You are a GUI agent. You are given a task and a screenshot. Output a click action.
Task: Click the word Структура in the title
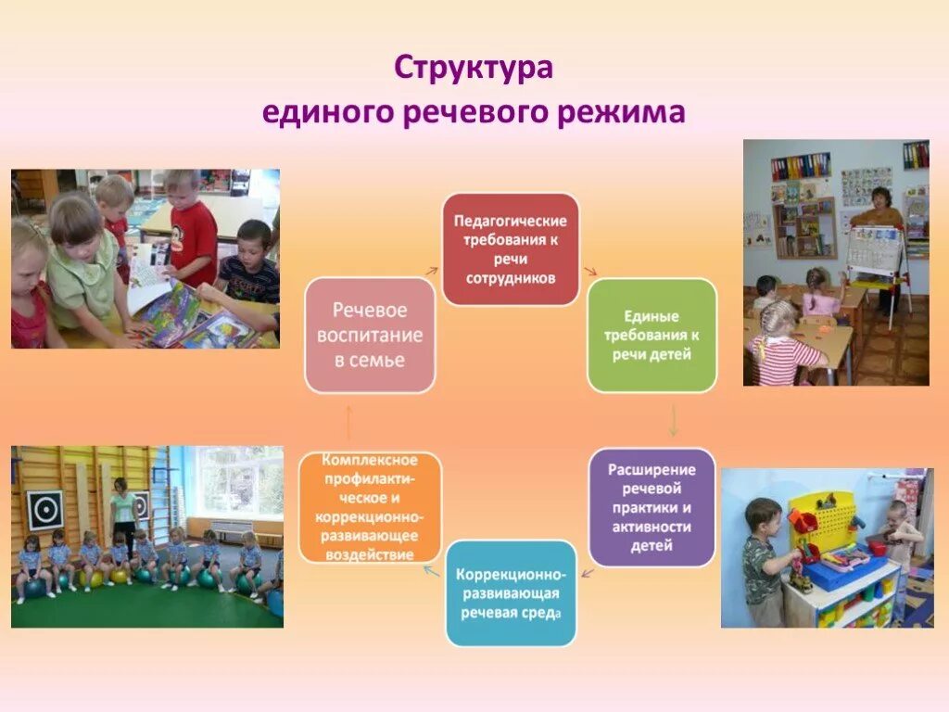(x=474, y=70)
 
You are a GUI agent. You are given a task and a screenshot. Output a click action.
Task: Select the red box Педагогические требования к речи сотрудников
(x=510, y=249)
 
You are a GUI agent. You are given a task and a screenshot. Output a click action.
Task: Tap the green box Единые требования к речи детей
(x=652, y=335)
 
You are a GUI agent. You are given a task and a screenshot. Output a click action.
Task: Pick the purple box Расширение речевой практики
(x=652, y=507)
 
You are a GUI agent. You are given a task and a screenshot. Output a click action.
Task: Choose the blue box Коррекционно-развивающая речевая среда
(x=510, y=593)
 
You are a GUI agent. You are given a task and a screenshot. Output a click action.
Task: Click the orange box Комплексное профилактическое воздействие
(x=370, y=507)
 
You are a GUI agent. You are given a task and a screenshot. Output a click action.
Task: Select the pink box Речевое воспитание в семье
(x=370, y=335)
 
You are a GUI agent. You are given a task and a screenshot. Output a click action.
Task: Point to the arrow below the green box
(x=673, y=421)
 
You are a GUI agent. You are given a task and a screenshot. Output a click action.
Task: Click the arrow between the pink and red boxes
(x=432, y=270)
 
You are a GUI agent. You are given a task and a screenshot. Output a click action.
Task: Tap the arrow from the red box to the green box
(x=589, y=271)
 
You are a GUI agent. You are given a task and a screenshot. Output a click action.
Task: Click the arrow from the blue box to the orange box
(x=432, y=571)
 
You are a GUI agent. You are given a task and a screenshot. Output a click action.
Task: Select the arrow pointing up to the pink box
(x=348, y=422)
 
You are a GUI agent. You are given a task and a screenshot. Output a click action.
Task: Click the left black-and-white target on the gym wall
(x=44, y=509)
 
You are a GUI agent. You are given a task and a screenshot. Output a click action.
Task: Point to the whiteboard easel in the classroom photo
(x=875, y=255)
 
